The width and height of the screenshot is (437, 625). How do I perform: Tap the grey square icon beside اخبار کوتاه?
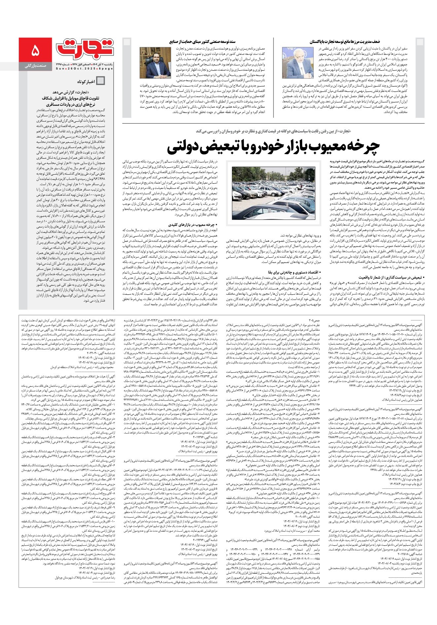[101, 81]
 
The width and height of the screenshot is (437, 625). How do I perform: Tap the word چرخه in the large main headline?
[360, 144]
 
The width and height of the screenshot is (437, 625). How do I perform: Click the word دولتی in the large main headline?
[191, 144]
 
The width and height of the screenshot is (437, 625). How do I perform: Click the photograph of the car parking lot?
[273, 193]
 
